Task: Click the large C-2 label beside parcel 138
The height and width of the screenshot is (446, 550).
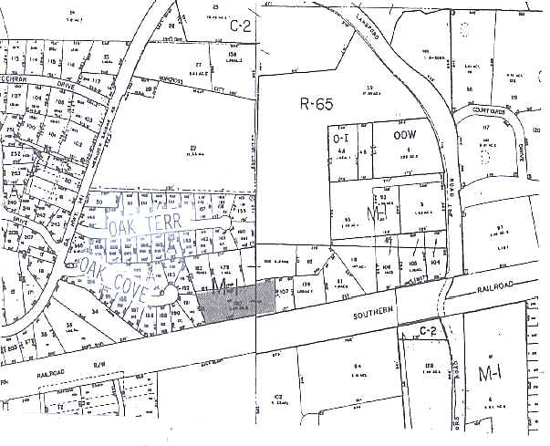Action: point(239,25)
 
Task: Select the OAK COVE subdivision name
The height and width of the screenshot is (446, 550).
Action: point(118,265)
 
